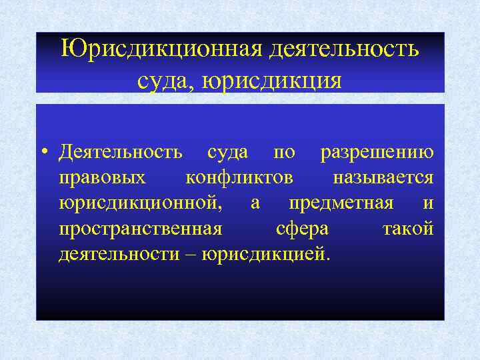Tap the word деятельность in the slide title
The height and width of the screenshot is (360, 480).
(345, 49)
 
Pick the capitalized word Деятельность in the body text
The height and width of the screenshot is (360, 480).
(120, 152)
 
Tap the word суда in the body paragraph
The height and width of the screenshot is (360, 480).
(228, 152)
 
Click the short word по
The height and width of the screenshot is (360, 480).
(285, 152)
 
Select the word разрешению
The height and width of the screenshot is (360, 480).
(377, 152)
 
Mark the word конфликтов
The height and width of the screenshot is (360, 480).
(238, 177)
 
